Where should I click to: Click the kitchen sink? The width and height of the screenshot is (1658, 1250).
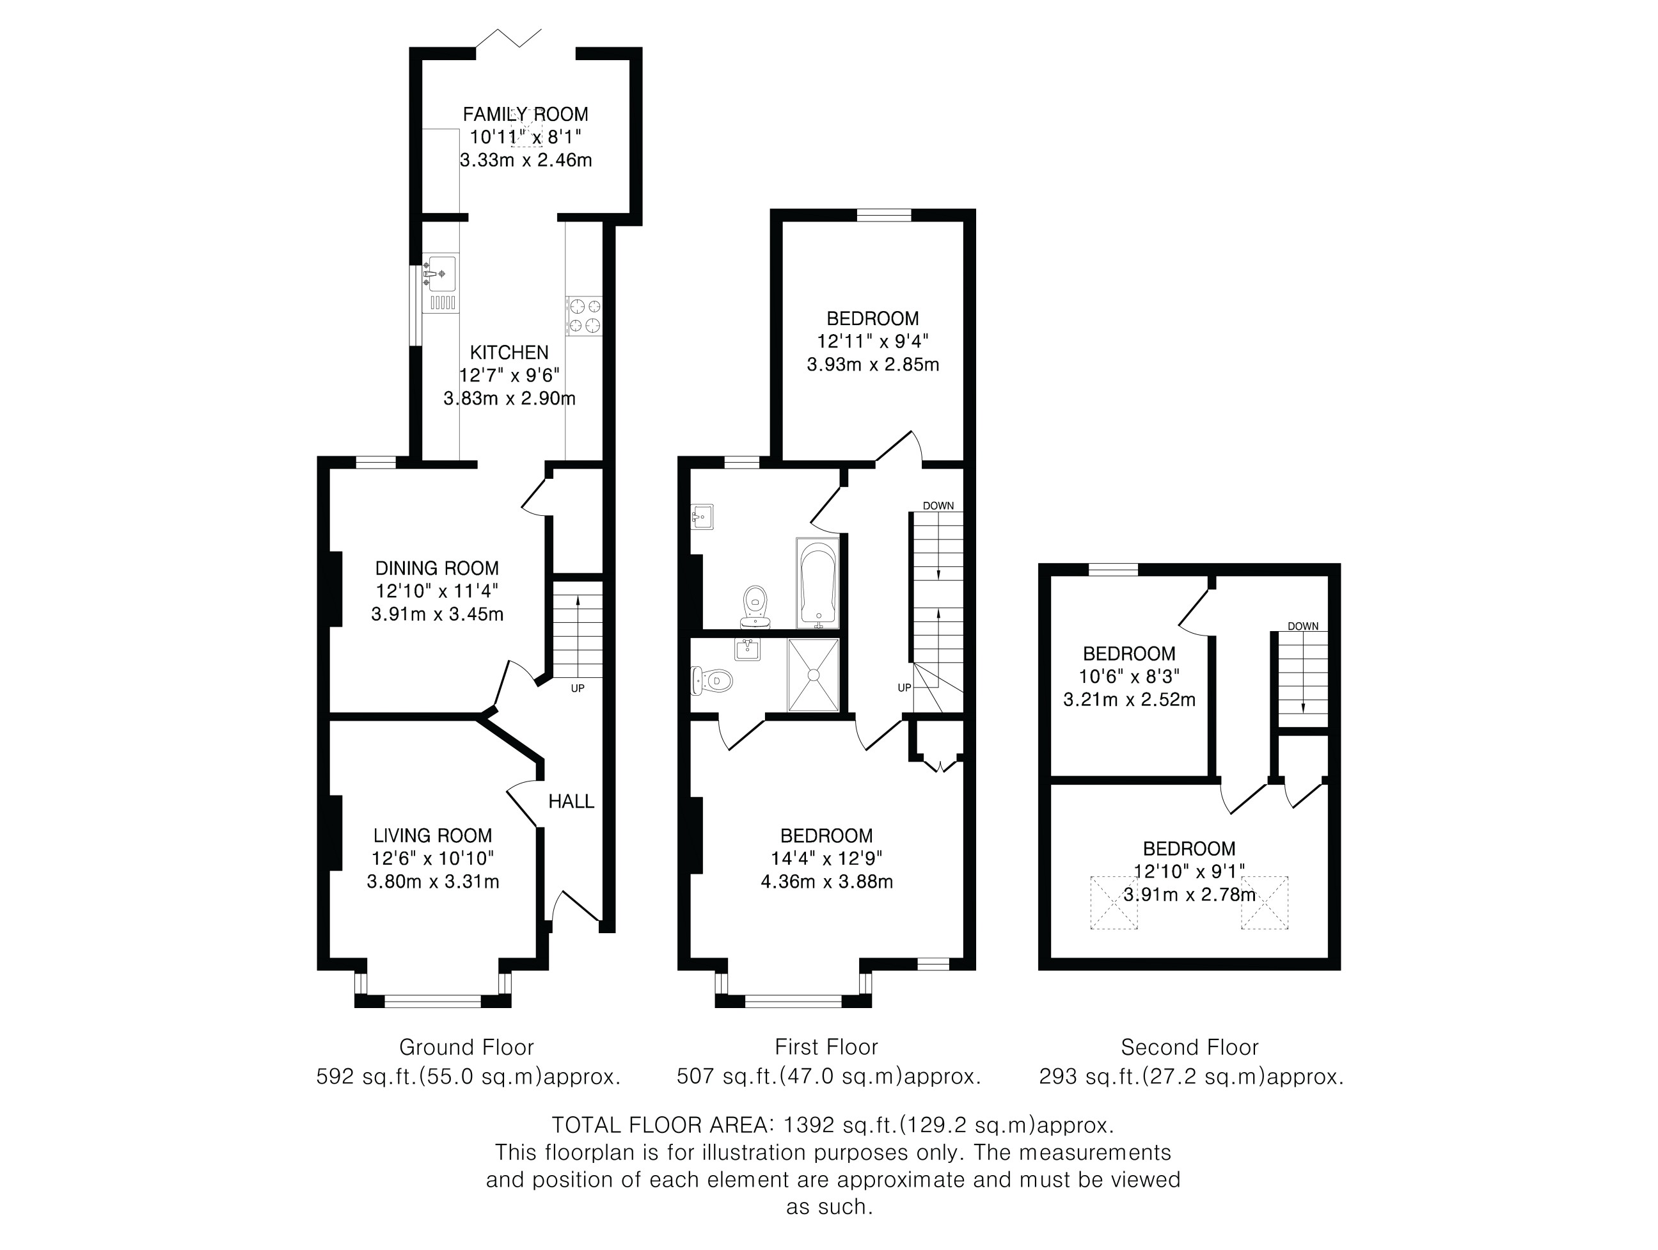tap(441, 284)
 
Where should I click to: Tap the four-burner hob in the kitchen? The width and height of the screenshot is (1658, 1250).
tap(585, 316)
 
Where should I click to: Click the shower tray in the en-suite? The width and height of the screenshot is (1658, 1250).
tap(813, 675)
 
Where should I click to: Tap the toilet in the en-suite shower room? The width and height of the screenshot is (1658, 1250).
tap(711, 681)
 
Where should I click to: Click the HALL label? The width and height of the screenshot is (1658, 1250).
tap(571, 801)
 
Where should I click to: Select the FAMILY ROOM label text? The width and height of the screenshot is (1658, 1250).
tap(525, 114)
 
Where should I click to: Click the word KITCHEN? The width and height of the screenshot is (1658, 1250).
tap(510, 353)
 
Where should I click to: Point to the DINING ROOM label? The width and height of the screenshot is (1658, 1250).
tap(437, 568)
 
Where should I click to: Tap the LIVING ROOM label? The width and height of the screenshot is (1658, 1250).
tap(433, 835)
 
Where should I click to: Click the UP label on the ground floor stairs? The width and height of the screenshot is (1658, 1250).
tap(577, 687)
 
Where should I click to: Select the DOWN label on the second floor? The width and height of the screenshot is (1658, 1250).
tap(1304, 626)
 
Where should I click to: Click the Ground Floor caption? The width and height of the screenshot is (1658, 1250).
tap(466, 1047)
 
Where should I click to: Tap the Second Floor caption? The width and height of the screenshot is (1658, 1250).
tap(1190, 1047)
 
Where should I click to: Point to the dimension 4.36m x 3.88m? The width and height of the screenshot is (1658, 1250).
tap(826, 882)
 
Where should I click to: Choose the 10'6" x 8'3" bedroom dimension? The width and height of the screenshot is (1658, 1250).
tap(1129, 677)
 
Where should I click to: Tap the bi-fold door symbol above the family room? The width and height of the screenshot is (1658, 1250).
tap(509, 38)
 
